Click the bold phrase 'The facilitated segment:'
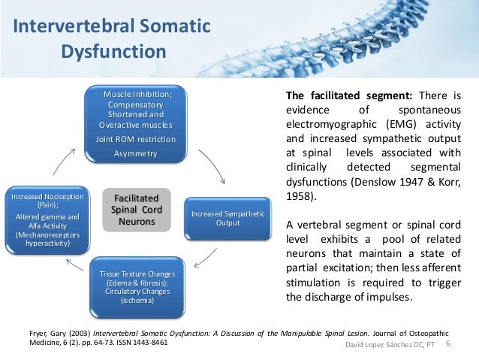333,96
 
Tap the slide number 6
448,343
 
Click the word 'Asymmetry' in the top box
136,153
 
